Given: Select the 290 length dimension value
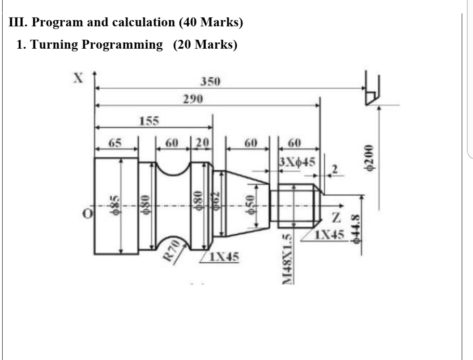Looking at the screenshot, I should coord(193,100).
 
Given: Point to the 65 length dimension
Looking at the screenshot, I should coord(115,143).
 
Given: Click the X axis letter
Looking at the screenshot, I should coord(78,77).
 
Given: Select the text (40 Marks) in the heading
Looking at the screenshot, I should coord(211,22).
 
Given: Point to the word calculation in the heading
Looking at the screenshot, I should coord(142,22).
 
